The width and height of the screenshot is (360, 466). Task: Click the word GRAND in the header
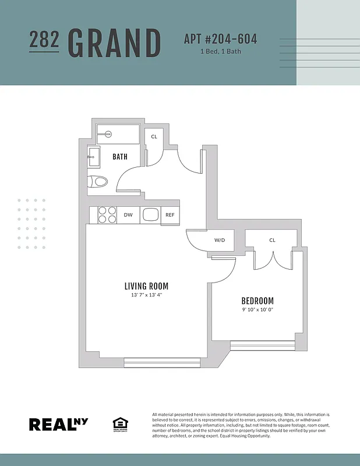tap(114, 43)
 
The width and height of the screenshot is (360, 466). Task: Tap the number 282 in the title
tap(44, 39)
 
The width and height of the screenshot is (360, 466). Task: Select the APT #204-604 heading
tap(220, 40)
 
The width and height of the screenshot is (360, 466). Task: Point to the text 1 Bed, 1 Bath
tap(220, 52)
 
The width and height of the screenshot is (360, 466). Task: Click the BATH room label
tap(120, 157)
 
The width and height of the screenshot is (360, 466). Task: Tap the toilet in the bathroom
tap(98, 182)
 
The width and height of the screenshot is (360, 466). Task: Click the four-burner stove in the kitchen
tap(106, 215)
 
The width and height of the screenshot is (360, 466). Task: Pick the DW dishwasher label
tap(128, 215)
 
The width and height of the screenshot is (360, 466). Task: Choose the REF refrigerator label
tap(170, 215)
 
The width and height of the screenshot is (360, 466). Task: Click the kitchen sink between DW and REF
tap(150, 214)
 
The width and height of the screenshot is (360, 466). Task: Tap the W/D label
tap(220, 240)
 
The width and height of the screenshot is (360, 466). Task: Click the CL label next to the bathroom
tap(154, 137)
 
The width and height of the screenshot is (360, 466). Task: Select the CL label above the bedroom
tap(272, 240)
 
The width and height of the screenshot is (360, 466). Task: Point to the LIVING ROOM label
tap(146, 286)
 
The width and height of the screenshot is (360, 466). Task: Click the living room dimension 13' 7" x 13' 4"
tap(146, 295)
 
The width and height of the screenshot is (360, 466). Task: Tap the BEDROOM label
tap(257, 301)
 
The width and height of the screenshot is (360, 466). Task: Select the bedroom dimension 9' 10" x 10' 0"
tap(257, 310)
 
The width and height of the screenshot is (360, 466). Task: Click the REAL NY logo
tap(59, 424)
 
